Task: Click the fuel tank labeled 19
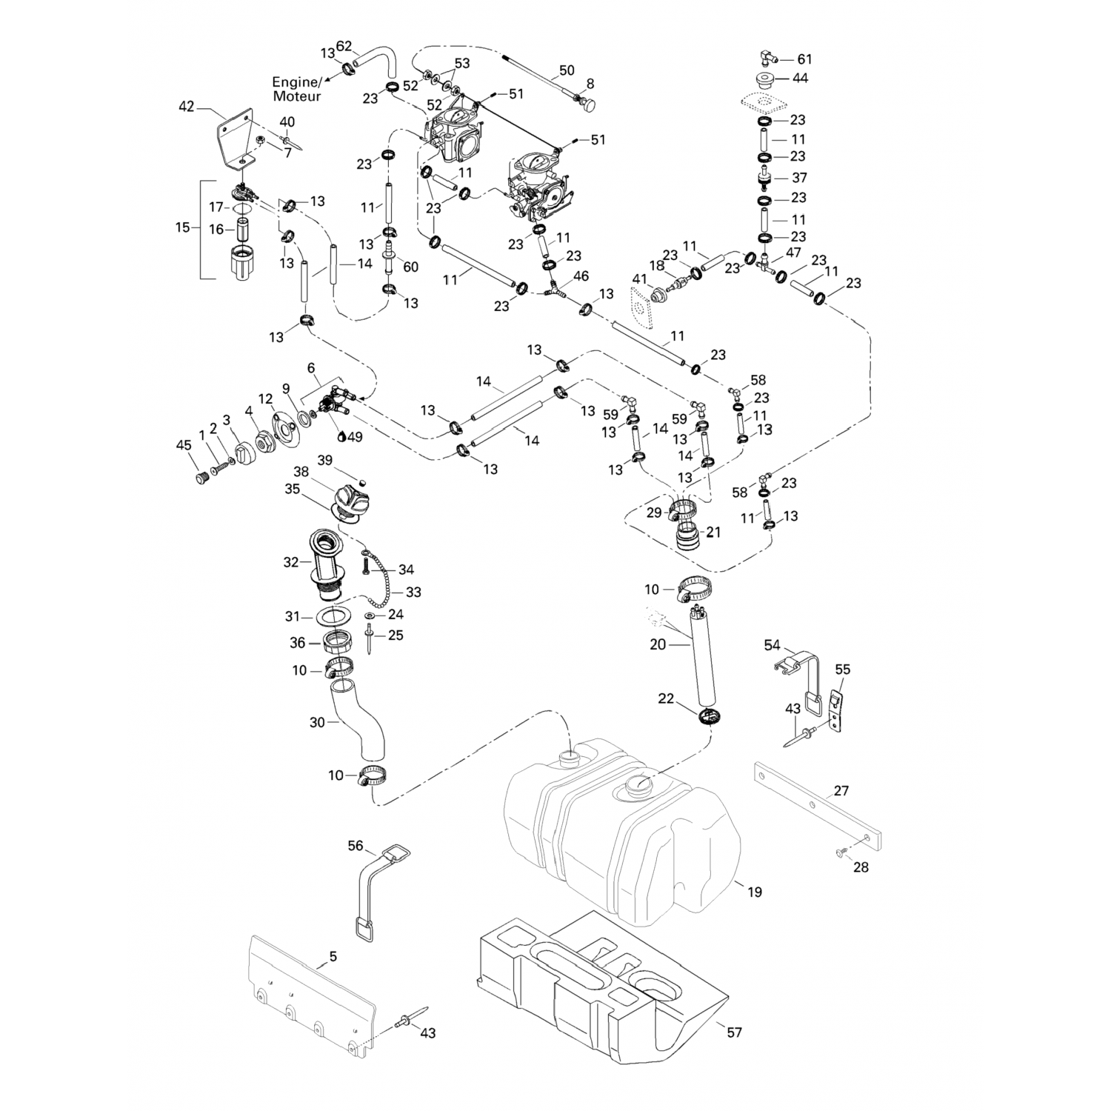pos(622,837)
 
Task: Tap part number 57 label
pos(734,1032)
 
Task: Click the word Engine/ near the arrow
pos(298,82)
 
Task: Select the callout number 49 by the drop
pos(355,437)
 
